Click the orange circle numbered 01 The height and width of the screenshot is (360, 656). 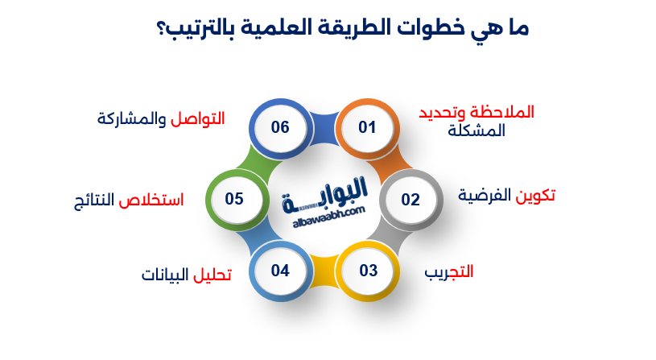[x=367, y=127]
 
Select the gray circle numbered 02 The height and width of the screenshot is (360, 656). [x=411, y=199]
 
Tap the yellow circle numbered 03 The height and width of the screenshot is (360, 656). [x=368, y=270]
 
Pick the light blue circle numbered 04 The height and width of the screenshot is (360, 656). [x=280, y=270]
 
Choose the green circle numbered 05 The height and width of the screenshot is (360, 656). [x=234, y=198]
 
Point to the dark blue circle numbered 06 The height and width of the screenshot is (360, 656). [x=280, y=127]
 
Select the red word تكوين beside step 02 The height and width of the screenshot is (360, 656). [x=534, y=195]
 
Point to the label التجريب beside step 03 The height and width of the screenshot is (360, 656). [x=448, y=271]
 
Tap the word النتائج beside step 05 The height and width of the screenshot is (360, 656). [x=93, y=199]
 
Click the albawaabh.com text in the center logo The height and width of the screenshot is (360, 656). [x=325, y=211]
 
